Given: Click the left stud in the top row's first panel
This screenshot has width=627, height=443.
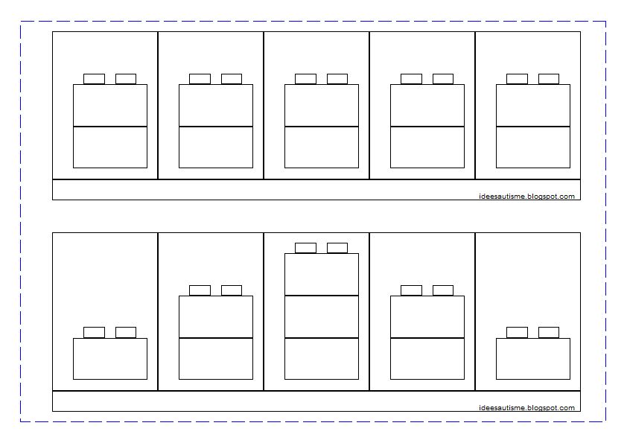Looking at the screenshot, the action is [94, 79].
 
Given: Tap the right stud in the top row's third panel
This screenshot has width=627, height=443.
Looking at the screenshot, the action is [337, 79].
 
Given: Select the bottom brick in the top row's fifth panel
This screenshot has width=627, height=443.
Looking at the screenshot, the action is [533, 147].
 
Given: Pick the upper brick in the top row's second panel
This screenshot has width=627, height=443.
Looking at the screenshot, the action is [216, 105].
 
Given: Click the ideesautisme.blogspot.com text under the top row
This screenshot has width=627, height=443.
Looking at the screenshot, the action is [527, 197].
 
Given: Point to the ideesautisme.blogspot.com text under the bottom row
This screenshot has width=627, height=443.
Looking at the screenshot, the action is [527, 408].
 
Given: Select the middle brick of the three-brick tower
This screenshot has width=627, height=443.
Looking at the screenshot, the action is [322, 316].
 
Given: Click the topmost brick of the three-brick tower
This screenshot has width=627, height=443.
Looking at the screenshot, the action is [322, 274].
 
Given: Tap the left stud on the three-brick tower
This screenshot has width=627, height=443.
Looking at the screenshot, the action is [305, 248].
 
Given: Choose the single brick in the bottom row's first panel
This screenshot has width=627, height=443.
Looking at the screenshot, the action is [110, 359].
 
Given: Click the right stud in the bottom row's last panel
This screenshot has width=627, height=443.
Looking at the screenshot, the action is [549, 332].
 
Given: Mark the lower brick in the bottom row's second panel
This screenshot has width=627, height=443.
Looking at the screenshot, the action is [216, 359].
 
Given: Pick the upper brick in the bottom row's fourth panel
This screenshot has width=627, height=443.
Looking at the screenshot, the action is [427, 316].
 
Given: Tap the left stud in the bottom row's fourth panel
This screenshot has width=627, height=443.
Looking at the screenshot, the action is [411, 290].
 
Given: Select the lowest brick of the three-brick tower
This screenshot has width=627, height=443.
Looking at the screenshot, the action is [322, 359].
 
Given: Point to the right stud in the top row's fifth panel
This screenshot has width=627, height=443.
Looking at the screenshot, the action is [549, 79].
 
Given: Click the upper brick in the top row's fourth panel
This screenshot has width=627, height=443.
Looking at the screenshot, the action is [427, 105].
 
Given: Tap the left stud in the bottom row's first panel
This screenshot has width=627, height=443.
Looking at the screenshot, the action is [94, 332].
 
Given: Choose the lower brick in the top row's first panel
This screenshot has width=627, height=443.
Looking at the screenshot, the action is [110, 147].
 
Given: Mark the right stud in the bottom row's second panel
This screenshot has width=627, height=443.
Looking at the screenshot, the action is [232, 290].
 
